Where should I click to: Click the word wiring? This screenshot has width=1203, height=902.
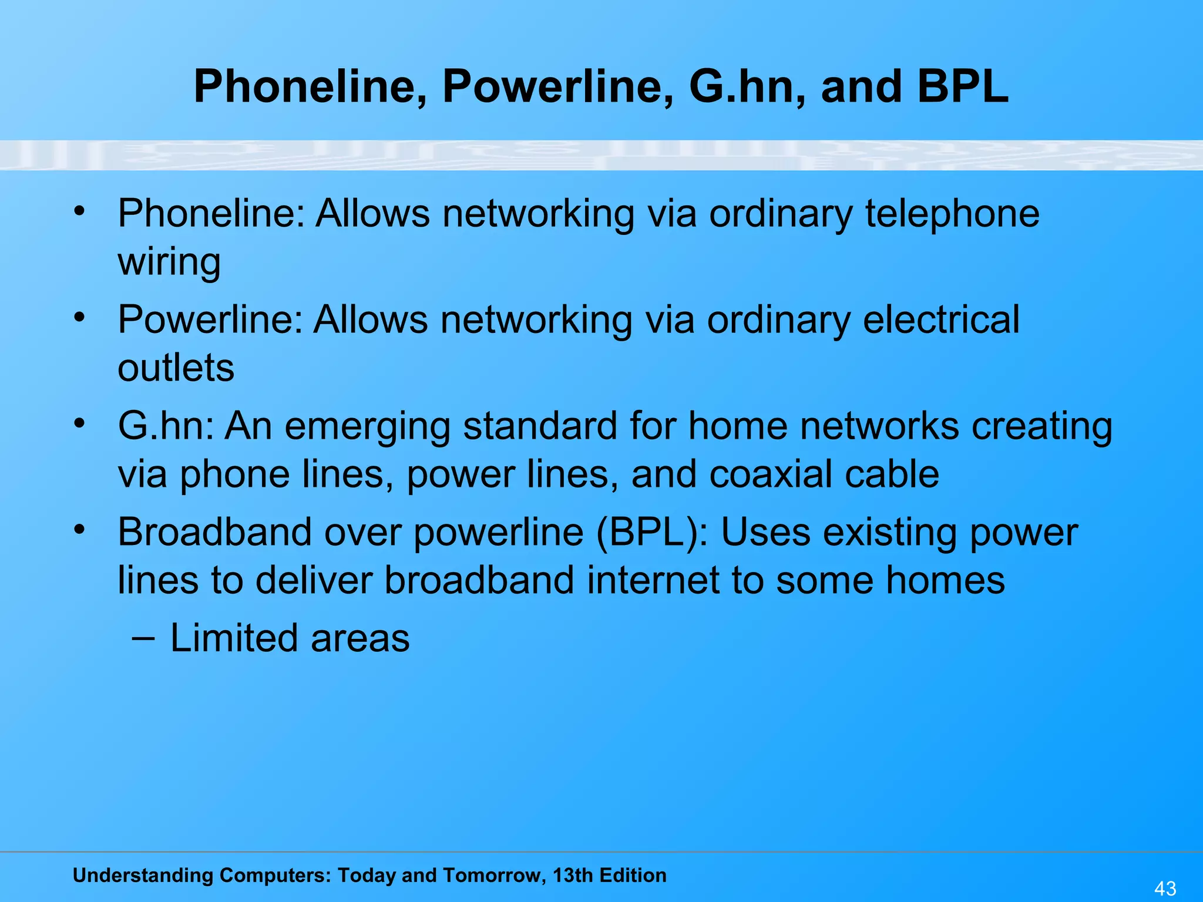[169, 261]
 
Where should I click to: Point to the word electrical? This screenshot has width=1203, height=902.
[941, 320]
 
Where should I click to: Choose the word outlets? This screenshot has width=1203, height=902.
[176, 368]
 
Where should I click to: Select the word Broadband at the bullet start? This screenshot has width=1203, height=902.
[214, 533]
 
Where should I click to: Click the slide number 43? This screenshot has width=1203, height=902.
[1165, 888]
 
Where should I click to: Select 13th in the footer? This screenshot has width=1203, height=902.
[573, 876]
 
